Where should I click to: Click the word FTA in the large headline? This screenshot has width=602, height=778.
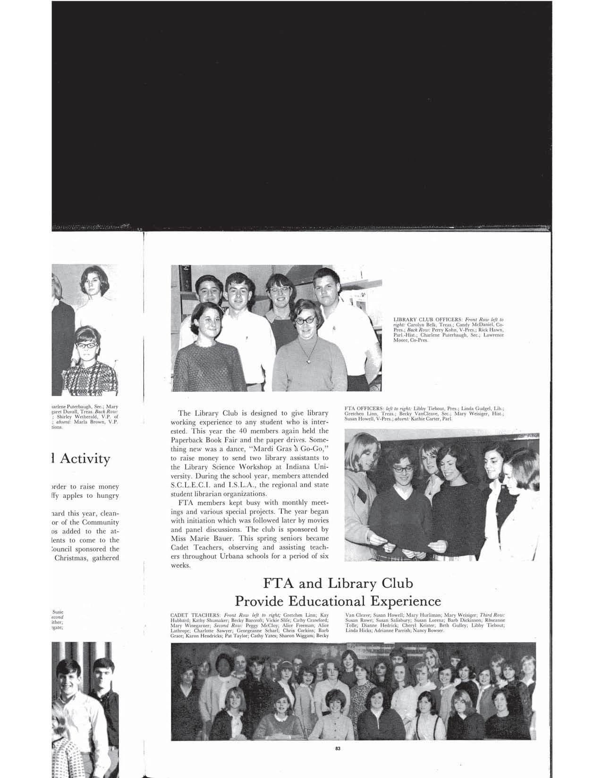278,583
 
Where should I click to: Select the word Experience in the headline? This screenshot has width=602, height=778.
405,601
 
